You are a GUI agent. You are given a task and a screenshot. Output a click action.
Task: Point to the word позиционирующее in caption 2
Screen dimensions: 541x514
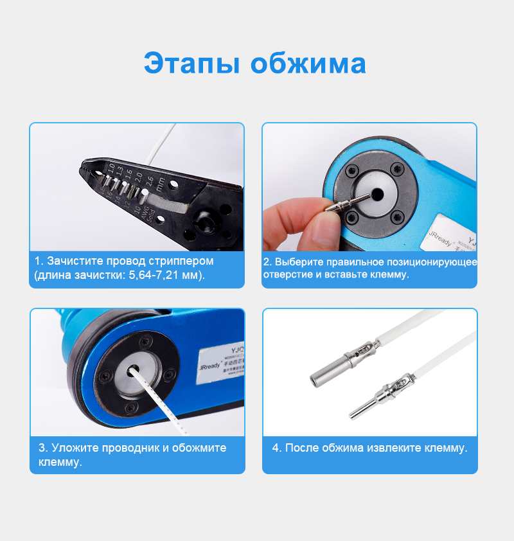click(430, 262)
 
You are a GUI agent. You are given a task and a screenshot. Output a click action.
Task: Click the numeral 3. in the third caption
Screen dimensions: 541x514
click(43, 448)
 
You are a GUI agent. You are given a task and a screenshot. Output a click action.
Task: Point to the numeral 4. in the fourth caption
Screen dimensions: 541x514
click(276, 448)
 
